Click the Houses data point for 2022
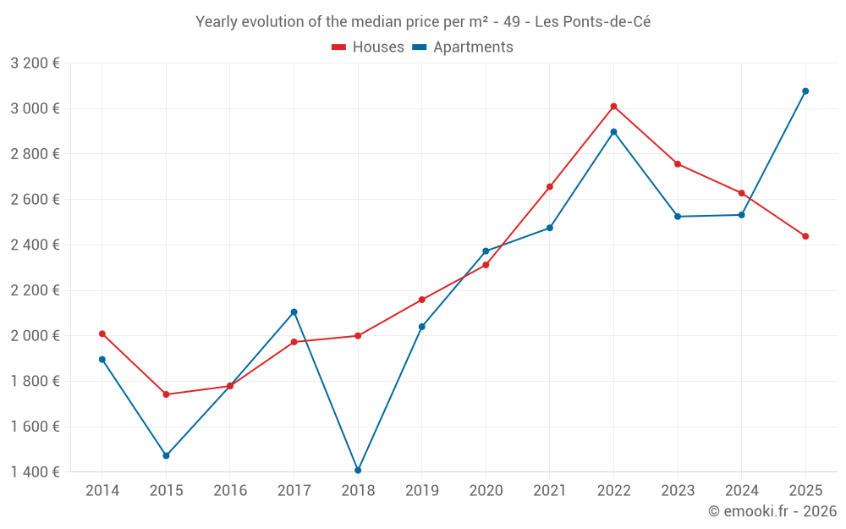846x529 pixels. [613, 107]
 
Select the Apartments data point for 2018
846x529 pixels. [358, 470]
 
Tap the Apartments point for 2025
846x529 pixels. [805, 91]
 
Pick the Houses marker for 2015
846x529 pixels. [166, 394]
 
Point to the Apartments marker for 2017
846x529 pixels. [294, 312]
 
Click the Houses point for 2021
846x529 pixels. [550, 186]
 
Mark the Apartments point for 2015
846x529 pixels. [166, 455]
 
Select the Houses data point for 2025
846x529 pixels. [805, 236]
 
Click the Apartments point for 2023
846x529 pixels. [678, 217]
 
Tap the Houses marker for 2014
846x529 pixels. [102, 333]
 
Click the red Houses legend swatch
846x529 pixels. [338, 47]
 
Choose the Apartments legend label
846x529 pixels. [473, 47]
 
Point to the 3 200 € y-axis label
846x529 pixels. [35, 63]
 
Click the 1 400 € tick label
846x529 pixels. [35, 472]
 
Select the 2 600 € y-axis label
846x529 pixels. [35, 200]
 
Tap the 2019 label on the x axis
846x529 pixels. [421, 490]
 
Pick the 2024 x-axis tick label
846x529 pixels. [741, 490]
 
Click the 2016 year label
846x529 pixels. [230, 490]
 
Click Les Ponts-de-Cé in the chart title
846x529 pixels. [592, 22]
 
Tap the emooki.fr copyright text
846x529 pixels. [772, 511]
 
